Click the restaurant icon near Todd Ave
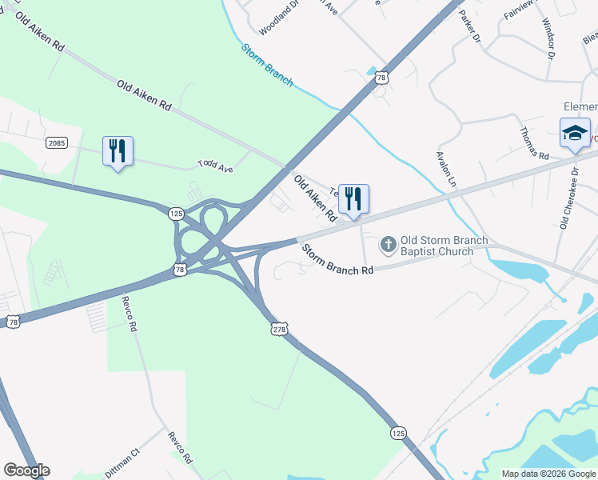click(118, 150)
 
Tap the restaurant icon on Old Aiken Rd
click(353, 198)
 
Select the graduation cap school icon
click(575, 133)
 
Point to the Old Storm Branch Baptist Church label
click(437, 246)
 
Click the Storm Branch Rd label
click(337, 259)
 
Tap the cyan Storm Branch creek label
click(267, 65)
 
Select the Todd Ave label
click(215, 166)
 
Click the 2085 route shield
click(56, 142)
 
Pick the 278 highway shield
click(278, 329)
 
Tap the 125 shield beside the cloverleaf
click(177, 213)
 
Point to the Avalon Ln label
click(445, 170)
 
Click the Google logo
click(26, 470)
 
